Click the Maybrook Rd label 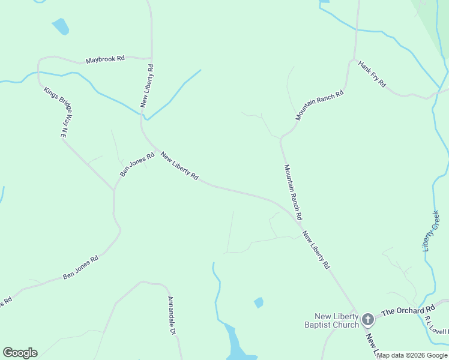(105, 59)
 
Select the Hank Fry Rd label (372, 74)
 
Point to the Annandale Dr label (171, 316)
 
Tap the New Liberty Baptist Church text (337, 320)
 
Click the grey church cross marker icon (368, 320)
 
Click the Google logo (20, 353)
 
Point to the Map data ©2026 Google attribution (412, 356)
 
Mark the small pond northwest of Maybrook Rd (61, 26)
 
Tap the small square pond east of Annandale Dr (259, 302)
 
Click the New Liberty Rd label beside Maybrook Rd (148, 86)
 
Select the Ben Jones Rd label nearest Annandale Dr (80, 268)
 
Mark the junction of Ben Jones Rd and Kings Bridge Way (114, 190)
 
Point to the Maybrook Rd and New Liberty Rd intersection (151, 58)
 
